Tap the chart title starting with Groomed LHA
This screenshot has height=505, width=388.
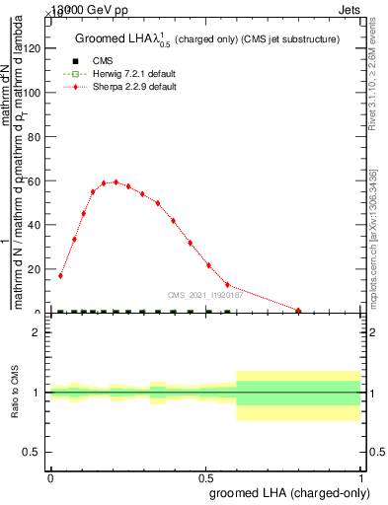tap(207, 39)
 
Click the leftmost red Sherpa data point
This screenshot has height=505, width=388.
tap(60, 276)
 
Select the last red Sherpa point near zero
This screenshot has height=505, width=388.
tap(298, 311)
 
